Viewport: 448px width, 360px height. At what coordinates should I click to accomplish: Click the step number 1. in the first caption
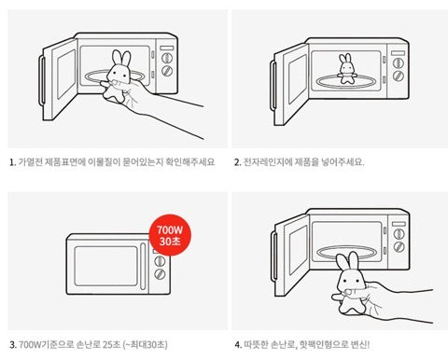pos(11,161)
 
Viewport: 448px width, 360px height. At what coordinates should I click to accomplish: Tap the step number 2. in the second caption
pos(237,161)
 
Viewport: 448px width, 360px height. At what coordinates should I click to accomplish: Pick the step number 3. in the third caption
pos(11,343)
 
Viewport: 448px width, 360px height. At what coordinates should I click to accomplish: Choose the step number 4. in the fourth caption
pos(237,343)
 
